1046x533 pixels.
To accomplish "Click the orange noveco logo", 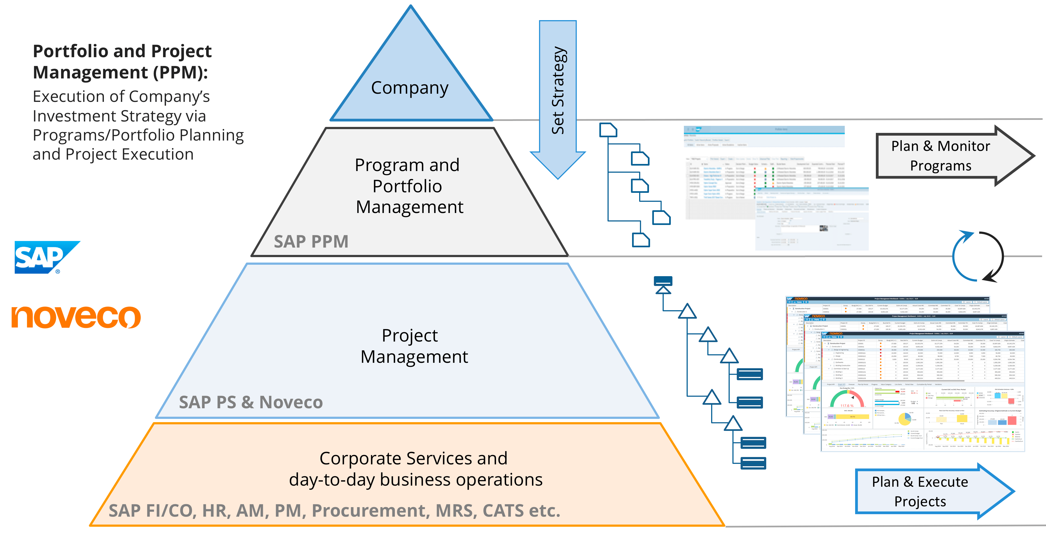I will pyautogui.click(x=76, y=317).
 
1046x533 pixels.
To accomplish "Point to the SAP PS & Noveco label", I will pyautogui.click(x=251, y=402).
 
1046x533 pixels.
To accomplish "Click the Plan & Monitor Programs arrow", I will pyautogui.click(x=946, y=156).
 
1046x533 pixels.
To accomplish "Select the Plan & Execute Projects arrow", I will pyautogui.click(x=926, y=491).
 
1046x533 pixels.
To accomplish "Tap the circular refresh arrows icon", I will pyautogui.click(x=978, y=256).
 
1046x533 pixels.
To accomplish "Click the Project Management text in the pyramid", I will pyautogui.click(x=413, y=346).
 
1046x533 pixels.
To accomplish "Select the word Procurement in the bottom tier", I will pyautogui.click(x=368, y=511).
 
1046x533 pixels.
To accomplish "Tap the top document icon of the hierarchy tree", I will pyautogui.click(x=608, y=130).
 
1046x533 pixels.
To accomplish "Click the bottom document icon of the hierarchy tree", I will pyautogui.click(x=641, y=240).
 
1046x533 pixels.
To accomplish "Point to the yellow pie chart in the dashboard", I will pyautogui.click(x=904, y=419).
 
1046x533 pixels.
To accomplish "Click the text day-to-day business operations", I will pyautogui.click(x=415, y=480).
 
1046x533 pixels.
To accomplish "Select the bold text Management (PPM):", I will pyautogui.click(x=120, y=73).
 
